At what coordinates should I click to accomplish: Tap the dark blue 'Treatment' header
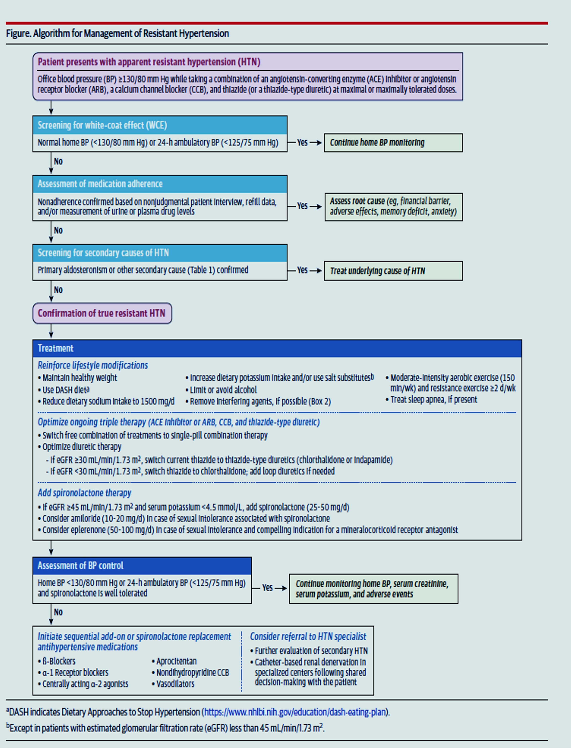point(55,348)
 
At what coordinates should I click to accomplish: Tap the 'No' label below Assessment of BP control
point(58,612)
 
